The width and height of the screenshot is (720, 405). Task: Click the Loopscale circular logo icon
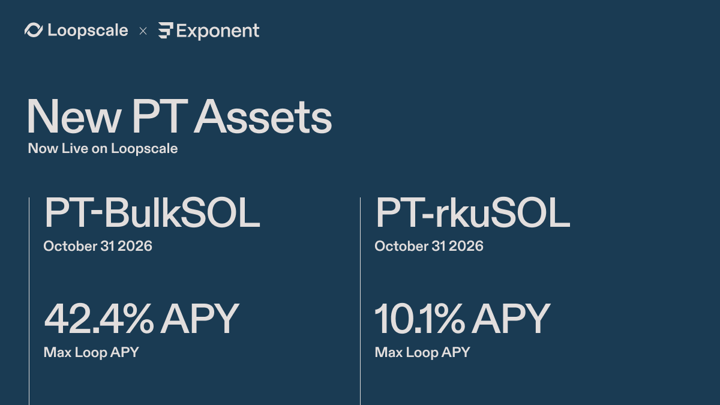(x=34, y=30)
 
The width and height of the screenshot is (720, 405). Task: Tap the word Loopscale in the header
(x=88, y=31)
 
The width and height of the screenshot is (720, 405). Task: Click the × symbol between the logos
(x=143, y=31)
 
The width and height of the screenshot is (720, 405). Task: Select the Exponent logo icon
(x=166, y=31)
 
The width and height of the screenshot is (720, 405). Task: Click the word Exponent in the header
(x=218, y=31)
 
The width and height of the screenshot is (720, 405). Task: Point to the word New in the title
(x=74, y=116)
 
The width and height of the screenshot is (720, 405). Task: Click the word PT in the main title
(x=160, y=116)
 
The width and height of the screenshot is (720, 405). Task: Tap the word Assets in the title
(x=263, y=116)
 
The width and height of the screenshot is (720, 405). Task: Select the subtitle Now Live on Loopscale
(x=103, y=149)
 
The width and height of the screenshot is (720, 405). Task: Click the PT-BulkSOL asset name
(x=152, y=213)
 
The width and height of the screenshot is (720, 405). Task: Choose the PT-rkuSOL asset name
(x=473, y=213)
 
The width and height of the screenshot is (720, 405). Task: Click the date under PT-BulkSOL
(x=98, y=246)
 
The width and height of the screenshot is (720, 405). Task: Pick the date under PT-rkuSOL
(x=429, y=246)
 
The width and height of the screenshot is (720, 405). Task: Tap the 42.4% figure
(x=99, y=319)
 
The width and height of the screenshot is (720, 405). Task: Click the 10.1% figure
(x=420, y=319)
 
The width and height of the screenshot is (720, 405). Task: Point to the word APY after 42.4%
(x=200, y=319)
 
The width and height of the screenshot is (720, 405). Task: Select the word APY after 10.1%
(x=511, y=319)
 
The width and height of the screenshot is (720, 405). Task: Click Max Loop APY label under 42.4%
(x=91, y=353)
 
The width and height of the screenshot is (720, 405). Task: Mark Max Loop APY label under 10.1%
(x=422, y=353)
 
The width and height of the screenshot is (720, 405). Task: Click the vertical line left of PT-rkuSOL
(x=361, y=301)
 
